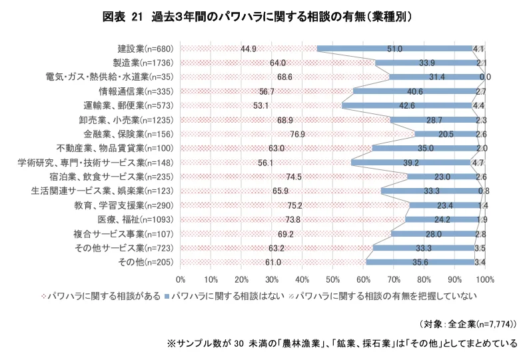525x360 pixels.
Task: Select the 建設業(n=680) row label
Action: [145, 49]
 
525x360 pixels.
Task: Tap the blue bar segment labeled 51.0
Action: [394, 49]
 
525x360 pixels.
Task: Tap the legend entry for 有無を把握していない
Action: [386, 294]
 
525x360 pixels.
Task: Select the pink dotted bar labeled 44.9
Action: [249, 49]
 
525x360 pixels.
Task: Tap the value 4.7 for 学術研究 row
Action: [477, 163]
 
